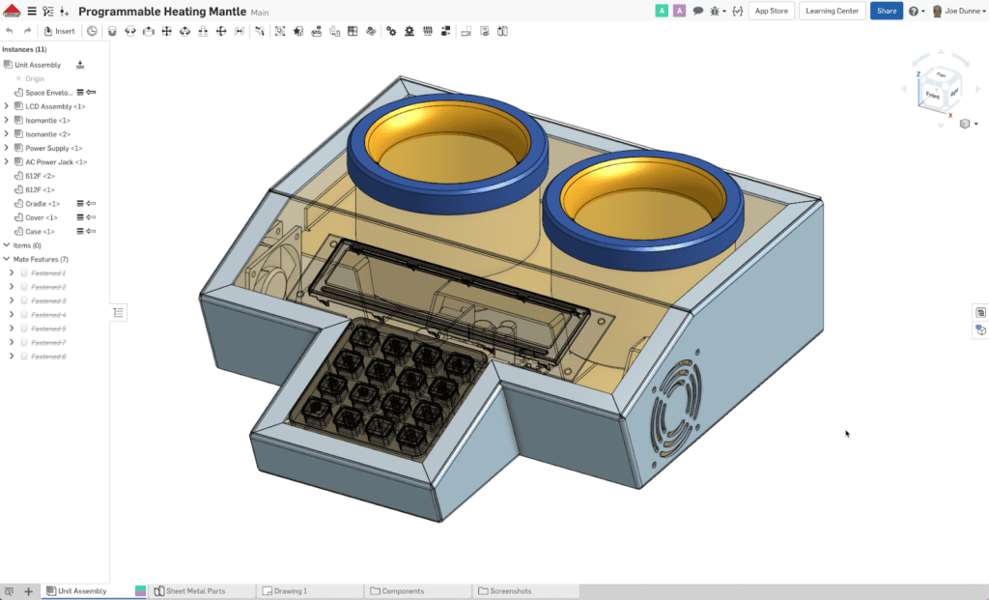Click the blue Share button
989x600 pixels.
[886, 11]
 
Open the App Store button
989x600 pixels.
[771, 11]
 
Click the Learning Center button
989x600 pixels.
[831, 11]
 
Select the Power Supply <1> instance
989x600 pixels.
[47, 148]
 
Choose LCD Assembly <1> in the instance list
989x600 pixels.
[55, 106]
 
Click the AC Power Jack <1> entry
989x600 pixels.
[56, 162]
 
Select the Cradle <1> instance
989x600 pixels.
[42, 204]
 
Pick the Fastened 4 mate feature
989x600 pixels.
[48, 315]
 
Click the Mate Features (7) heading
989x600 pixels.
[41, 260]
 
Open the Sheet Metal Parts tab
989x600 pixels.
[195, 590]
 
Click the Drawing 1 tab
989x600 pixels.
[291, 590]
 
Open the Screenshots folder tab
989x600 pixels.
[510, 590]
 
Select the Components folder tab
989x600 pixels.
[403, 590]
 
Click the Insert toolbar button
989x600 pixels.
[59, 31]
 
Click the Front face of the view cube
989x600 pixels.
[932, 95]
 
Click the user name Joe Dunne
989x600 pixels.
[963, 12]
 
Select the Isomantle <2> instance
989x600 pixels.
[47, 134]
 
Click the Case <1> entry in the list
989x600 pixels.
[40, 232]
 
